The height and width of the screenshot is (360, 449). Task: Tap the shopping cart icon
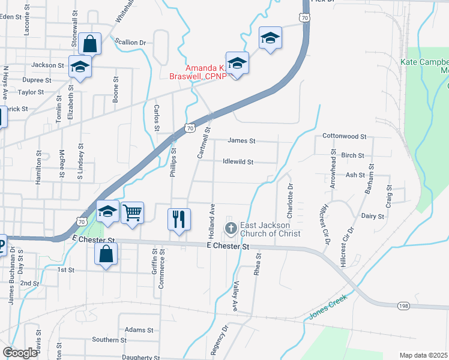tap(132, 212)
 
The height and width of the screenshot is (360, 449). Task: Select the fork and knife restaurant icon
tap(178, 219)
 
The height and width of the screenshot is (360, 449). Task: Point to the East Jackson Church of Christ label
tap(270, 229)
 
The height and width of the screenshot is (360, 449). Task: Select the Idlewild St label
tap(238, 162)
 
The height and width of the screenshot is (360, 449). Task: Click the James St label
tap(242, 141)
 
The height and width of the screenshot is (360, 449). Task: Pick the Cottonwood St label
tap(344, 136)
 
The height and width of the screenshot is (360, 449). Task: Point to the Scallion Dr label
tap(131, 43)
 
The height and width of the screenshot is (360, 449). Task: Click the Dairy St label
tap(373, 216)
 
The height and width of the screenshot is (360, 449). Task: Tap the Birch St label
tap(352, 155)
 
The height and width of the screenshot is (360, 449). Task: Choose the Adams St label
tap(139, 330)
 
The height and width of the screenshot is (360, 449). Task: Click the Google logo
tap(20, 353)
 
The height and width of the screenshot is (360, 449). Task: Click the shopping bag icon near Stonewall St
tap(89, 43)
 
